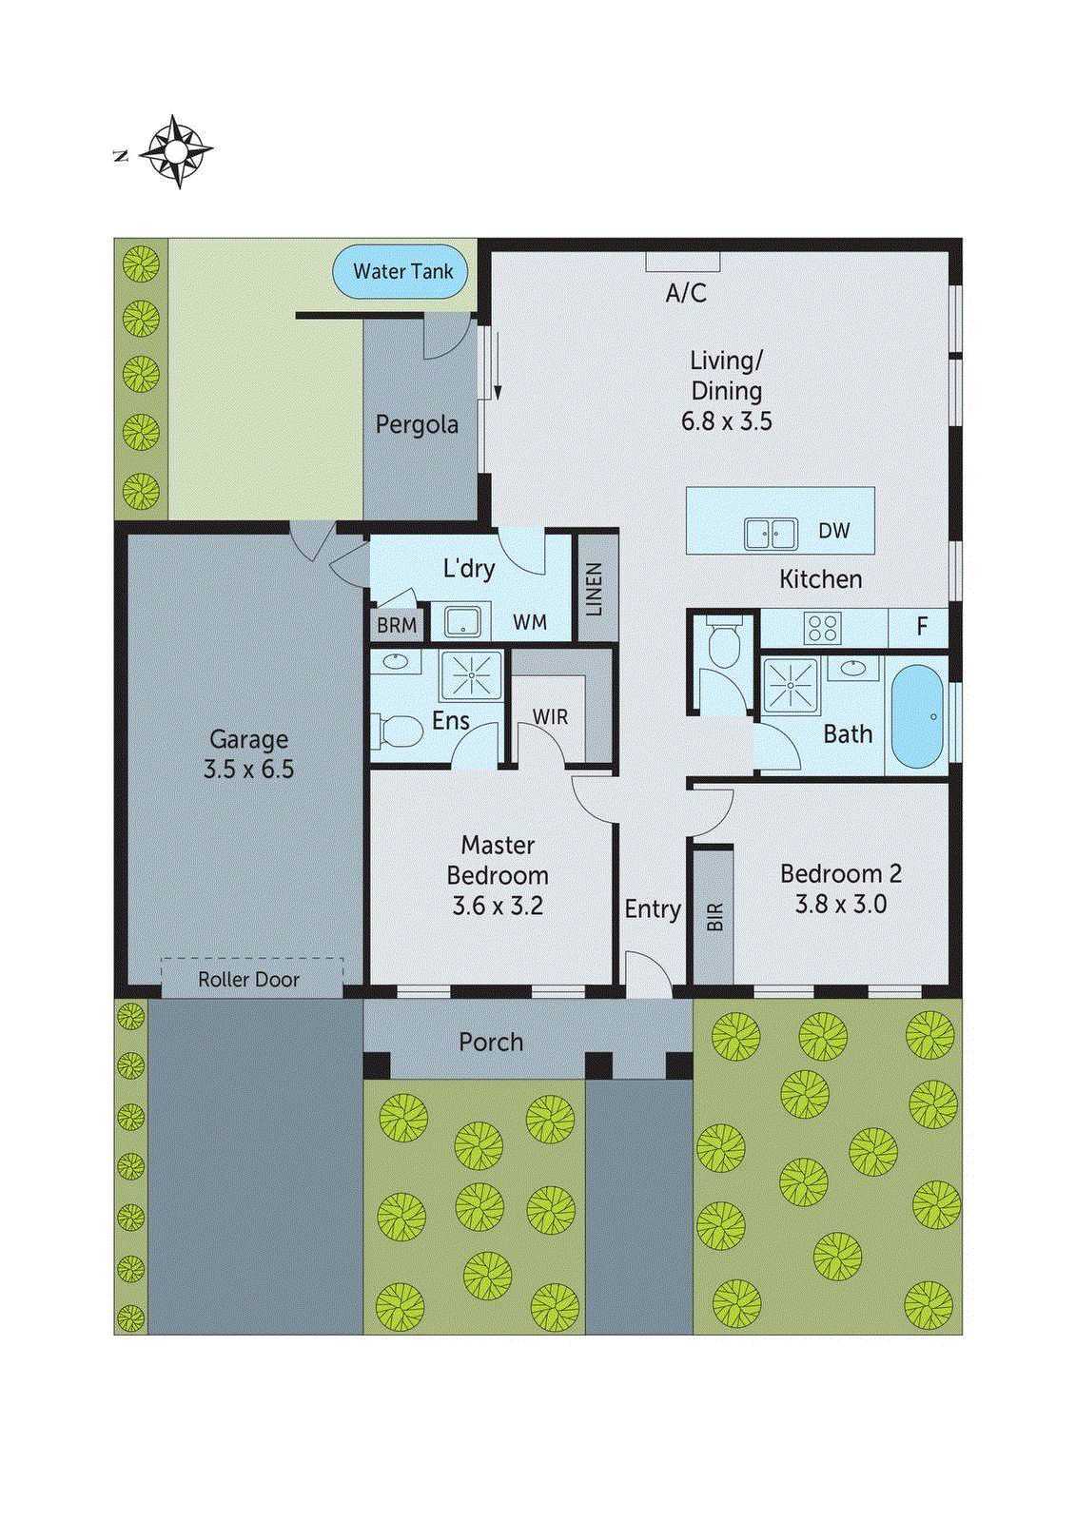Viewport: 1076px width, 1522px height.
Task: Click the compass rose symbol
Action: [177, 151]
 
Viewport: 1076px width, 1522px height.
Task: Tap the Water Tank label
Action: [402, 272]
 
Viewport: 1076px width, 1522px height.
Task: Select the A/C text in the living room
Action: [686, 293]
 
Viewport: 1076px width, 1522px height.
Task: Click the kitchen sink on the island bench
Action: [771, 534]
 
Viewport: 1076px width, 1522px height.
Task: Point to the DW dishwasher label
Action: [833, 532]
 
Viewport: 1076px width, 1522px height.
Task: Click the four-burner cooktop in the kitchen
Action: [823, 629]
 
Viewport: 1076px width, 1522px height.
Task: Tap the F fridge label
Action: [921, 627]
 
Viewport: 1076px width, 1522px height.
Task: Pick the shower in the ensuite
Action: [471, 675]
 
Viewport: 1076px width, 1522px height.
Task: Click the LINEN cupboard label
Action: [595, 589]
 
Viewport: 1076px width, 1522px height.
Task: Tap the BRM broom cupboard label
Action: [397, 626]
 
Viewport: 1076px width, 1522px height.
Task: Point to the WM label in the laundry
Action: [530, 623]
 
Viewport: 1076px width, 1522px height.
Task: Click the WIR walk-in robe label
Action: [550, 717]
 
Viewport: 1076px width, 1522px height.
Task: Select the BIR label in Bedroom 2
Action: [714, 916]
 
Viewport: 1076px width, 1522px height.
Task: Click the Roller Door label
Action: [248, 980]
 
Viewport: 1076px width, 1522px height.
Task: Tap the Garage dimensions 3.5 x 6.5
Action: [248, 770]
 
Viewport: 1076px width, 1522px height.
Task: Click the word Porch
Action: [491, 1043]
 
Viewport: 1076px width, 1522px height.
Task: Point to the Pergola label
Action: [417, 424]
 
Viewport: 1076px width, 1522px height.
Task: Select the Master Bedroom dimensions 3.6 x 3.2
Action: [498, 906]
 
